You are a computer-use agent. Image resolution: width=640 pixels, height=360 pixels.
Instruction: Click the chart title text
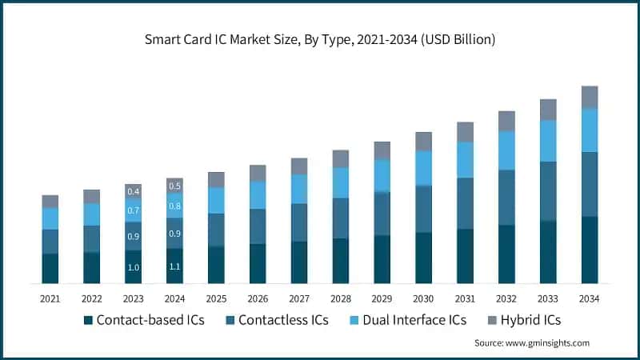click(320, 38)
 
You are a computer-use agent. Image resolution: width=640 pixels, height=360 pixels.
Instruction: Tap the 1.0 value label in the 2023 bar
click(134, 267)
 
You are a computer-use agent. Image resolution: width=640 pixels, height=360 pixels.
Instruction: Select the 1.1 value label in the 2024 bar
click(175, 266)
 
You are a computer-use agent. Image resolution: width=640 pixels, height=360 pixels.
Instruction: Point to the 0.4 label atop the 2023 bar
click(134, 191)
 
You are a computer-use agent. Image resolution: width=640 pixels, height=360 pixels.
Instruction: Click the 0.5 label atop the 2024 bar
click(175, 186)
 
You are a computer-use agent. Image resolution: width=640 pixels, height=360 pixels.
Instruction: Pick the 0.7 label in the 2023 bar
click(134, 211)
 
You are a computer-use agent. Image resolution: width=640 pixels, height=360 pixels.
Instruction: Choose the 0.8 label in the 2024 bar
click(175, 206)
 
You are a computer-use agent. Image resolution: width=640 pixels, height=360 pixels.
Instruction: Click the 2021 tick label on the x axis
click(50, 298)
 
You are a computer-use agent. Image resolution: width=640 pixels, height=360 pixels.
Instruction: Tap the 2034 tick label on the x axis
click(590, 298)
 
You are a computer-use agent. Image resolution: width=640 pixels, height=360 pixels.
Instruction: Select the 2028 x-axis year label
click(341, 298)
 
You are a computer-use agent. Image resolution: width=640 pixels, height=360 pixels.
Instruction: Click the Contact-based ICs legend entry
click(144, 320)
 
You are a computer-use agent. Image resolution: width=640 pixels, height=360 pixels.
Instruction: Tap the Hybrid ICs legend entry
click(525, 320)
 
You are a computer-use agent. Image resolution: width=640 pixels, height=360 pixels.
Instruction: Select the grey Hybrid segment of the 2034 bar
click(590, 97)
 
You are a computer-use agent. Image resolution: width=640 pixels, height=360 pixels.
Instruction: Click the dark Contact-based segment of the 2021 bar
click(50, 268)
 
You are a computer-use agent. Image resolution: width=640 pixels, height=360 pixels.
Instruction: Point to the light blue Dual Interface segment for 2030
click(424, 168)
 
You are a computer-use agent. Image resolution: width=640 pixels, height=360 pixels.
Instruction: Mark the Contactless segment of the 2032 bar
click(506, 197)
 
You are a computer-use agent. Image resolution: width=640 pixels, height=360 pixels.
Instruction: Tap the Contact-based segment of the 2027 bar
click(299, 262)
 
